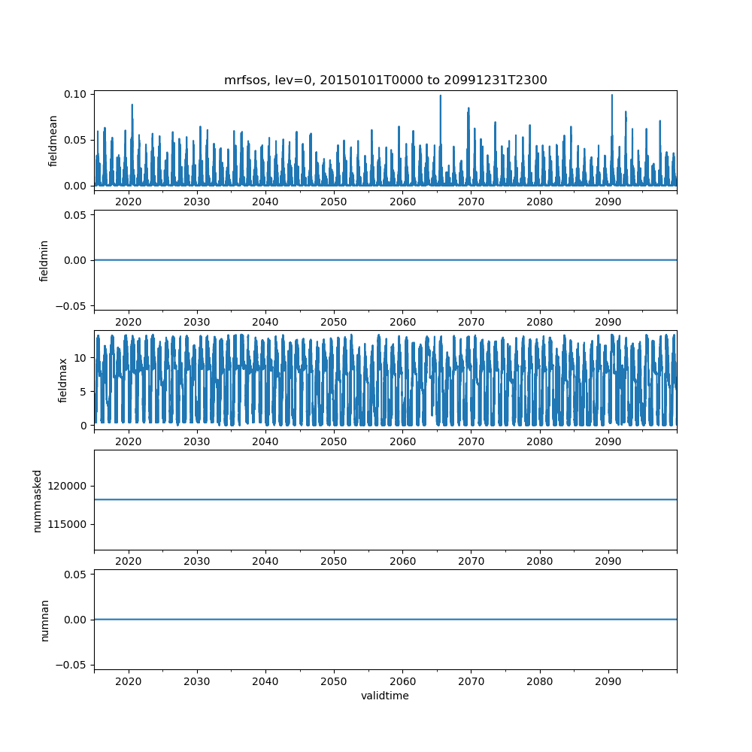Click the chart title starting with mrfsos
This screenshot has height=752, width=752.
385,80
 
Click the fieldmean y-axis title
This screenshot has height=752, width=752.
53,141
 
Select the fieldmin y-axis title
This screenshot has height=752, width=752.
44,261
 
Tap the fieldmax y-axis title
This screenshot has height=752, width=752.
62,381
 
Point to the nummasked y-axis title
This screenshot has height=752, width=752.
38,501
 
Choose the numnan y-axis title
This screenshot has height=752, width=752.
44,620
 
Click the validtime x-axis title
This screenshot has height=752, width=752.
385,696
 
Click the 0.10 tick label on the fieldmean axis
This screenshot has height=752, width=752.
75,94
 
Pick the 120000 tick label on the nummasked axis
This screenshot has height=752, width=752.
67,487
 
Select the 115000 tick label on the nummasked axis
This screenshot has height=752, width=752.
67,525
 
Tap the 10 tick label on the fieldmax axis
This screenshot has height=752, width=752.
80,358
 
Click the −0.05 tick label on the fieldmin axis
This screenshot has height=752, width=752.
71,306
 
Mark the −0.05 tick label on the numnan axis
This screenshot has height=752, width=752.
71,666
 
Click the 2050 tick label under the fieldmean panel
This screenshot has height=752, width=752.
334,202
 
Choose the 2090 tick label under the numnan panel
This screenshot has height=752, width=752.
608,681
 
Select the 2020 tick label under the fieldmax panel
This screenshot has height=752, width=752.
129,441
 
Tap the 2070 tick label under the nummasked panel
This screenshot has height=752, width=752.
471,561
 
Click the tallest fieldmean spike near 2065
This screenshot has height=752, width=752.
440,140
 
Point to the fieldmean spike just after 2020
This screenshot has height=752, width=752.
132,144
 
